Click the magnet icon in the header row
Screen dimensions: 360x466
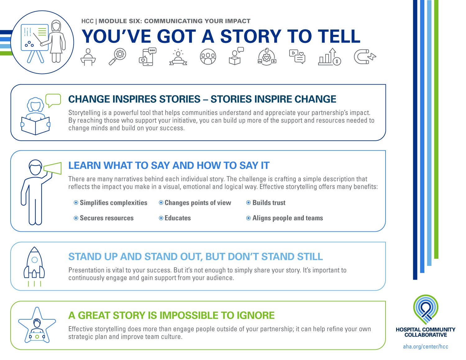[x=365, y=57]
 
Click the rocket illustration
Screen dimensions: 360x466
[x=34, y=264]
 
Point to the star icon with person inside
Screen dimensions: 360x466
[x=37, y=326]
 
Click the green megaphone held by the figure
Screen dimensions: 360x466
[x=53, y=169]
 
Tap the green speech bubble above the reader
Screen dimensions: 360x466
[x=53, y=100]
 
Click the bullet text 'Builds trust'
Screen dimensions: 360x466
[x=269, y=203]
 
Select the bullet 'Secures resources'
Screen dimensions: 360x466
[x=107, y=218]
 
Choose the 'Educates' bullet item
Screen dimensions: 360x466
[x=177, y=218]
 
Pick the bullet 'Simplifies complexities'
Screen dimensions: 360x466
[x=113, y=203]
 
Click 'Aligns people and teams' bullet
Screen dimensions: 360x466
[x=287, y=218]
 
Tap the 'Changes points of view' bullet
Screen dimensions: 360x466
[x=198, y=203]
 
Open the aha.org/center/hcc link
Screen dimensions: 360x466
[x=426, y=347]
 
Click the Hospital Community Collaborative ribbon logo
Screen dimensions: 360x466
[x=426, y=309]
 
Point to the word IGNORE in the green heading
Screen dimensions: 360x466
[x=255, y=316]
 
